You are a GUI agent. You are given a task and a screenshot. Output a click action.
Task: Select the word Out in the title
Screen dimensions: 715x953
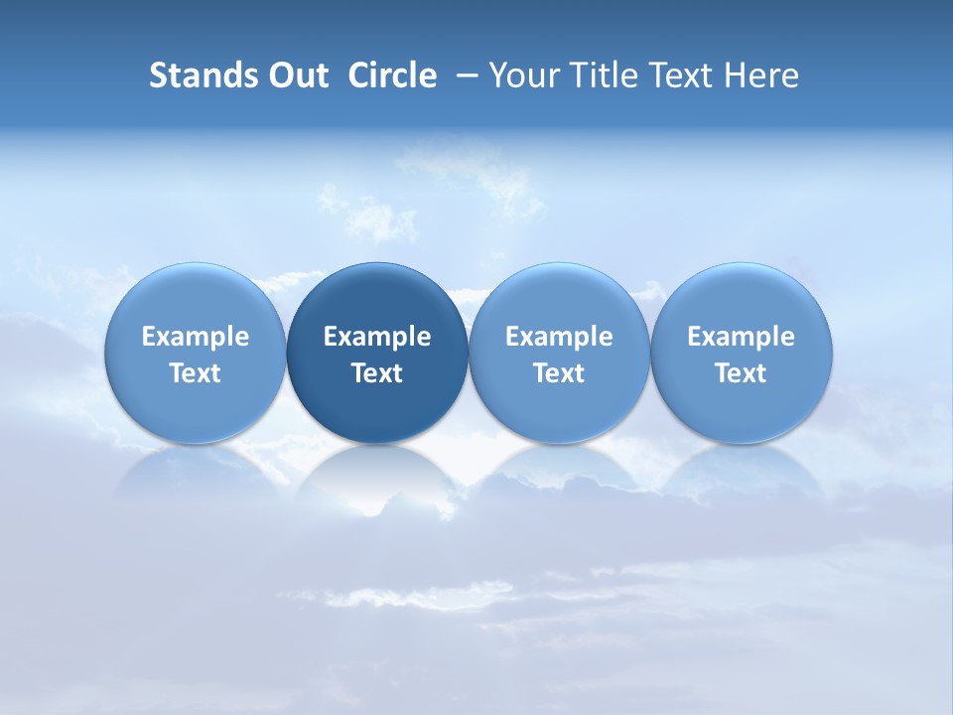295,75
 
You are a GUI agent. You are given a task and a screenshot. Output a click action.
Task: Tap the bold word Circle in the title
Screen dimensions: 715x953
392,75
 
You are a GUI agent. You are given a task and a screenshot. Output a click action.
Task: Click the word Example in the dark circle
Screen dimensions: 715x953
377,337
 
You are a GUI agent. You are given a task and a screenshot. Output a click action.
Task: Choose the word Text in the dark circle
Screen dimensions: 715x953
377,373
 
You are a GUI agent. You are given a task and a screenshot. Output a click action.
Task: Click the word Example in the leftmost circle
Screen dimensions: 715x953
196,337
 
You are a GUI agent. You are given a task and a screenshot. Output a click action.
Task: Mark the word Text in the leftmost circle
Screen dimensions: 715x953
196,373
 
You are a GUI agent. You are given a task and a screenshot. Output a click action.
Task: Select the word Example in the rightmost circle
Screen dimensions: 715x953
741,337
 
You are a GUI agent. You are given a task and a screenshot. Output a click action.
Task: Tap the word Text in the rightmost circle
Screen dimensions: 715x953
741,373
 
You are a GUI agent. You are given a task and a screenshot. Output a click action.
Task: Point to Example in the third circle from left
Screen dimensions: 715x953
559,337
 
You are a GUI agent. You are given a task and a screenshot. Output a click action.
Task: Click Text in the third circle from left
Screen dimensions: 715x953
559,373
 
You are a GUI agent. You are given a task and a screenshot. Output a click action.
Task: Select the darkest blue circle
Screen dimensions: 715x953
377,298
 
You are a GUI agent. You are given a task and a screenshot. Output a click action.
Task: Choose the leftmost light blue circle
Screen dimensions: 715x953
196,298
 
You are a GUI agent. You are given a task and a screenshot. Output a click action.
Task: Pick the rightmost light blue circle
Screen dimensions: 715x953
741,298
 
